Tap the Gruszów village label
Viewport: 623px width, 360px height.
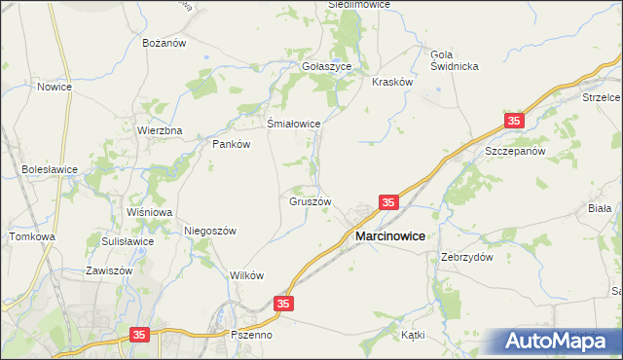pyautogui.click(x=311, y=202)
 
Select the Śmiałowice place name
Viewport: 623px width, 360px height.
pyautogui.click(x=294, y=124)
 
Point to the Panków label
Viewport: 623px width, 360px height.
pyautogui.click(x=232, y=143)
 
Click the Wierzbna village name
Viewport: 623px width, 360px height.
pyautogui.click(x=160, y=130)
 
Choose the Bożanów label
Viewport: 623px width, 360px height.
pyautogui.click(x=165, y=44)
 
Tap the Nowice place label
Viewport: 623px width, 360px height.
pyautogui.click(x=55, y=87)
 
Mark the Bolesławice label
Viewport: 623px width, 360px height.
pyautogui.click(x=50, y=168)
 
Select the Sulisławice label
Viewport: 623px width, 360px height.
pyautogui.click(x=128, y=241)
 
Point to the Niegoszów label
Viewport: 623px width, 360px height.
pyautogui.click(x=211, y=231)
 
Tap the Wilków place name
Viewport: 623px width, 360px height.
pyautogui.click(x=247, y=275)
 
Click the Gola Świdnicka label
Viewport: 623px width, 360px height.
pyautogui.click(x=455, y=59)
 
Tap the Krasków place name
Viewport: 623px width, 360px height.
pyautogui.click(x=393, y=83)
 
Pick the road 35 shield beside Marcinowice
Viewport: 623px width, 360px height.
pyautogui.click(x=388, y=202)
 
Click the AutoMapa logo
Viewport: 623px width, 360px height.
pyautogui.click(x=556, y=342)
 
